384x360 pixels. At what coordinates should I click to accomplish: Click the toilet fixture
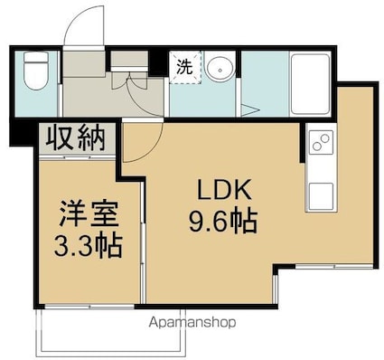pos(36,71)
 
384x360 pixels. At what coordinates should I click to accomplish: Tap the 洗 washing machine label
pos(184,67)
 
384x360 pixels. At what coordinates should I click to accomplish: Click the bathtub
pos(310,84)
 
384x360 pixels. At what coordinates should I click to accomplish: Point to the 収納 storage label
pos(75,139)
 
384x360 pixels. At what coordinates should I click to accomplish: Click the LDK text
pos(224,190)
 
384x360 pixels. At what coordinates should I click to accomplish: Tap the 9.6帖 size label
pos(223,221)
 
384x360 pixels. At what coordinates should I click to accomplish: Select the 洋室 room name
pos(89,213)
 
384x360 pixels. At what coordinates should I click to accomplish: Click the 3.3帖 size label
pos(88,245)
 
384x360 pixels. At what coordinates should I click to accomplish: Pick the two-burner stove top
pos(321,142)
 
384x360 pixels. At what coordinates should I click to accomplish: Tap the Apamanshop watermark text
pos(192,323)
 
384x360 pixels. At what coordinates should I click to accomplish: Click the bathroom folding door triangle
pos(249,109)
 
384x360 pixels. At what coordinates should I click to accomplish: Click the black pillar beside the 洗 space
pos(157,63)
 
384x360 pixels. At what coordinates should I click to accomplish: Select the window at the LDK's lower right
pos(334,267)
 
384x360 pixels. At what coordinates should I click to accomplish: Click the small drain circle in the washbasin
pos(220,71)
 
